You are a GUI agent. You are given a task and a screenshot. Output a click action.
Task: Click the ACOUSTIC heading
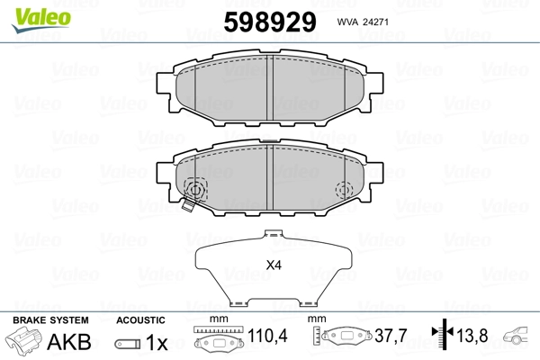(x=141, y=320)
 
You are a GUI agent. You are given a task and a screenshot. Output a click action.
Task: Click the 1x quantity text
(x=157, y=343)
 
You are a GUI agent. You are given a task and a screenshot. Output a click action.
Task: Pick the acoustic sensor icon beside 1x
(x=127, y=344)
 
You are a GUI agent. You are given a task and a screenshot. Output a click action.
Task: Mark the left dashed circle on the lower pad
(x=193, y=190)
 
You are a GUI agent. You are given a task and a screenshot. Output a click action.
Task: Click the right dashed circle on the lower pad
(x=344, y=190)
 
